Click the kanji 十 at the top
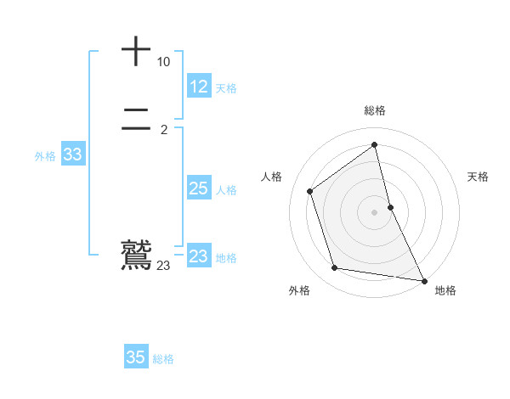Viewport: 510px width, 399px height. tap(136, 52)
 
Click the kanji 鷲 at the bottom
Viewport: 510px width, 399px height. tap(136, 254)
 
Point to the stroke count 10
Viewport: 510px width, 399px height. tap(163, 62)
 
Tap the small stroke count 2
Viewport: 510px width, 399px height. tap(163, 129)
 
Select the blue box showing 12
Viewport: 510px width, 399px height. tap(199, 87)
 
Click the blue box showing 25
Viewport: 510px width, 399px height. tap(199, 188)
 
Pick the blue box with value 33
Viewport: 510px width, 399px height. tap(72, 155)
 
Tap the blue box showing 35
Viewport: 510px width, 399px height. tap(136, 357)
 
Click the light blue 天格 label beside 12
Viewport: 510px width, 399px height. tap(226, 88)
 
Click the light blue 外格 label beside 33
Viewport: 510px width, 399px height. tap(45, 156)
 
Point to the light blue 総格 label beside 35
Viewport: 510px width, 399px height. tap(163, 359)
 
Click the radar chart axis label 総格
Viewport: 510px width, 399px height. tap(375, 110)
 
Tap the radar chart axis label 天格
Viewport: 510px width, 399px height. tap(478, 177)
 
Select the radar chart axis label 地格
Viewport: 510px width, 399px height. tap(445, 290)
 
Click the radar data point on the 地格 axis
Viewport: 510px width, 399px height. tap(424, 279)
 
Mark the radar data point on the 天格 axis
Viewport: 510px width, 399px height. tap(390, 206)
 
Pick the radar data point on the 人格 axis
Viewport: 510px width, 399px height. tap(310, 191)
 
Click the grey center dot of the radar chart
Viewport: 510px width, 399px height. tap(375, 211)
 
